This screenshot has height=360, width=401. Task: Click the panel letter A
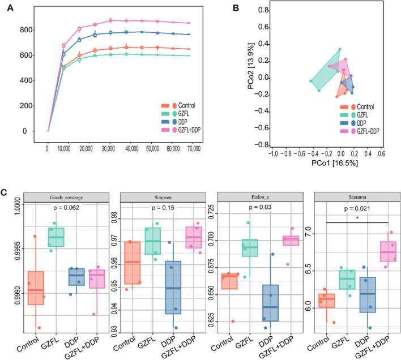coord(10,8)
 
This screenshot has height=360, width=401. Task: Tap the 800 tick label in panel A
coord(26,30)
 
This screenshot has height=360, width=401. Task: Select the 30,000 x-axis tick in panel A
coord(108,149)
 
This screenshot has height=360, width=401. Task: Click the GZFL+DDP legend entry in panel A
coord(181,130)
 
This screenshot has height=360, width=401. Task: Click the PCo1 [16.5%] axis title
coord(335,163)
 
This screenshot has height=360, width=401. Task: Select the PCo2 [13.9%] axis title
coord(251,66)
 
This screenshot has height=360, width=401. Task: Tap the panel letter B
coord(236,8)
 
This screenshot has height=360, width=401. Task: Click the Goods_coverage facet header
coord(66,198)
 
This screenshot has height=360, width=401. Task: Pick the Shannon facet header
coord(357,197)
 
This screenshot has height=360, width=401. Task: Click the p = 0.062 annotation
coord(66,208)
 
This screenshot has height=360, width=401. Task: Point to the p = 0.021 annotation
coord(357,209)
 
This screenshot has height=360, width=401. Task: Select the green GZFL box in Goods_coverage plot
coord(56,237)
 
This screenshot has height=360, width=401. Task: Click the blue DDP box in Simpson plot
coord(173,288)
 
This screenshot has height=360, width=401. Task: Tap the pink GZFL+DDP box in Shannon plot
coord(388,251)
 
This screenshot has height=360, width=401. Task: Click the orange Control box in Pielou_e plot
coord(229,281)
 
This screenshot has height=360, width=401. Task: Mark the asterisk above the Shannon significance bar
coord(357,218)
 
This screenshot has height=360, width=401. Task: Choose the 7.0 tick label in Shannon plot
coord(308,232)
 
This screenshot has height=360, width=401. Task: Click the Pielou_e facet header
coord(260,197)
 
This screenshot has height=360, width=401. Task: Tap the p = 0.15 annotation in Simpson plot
coord(163,208)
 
